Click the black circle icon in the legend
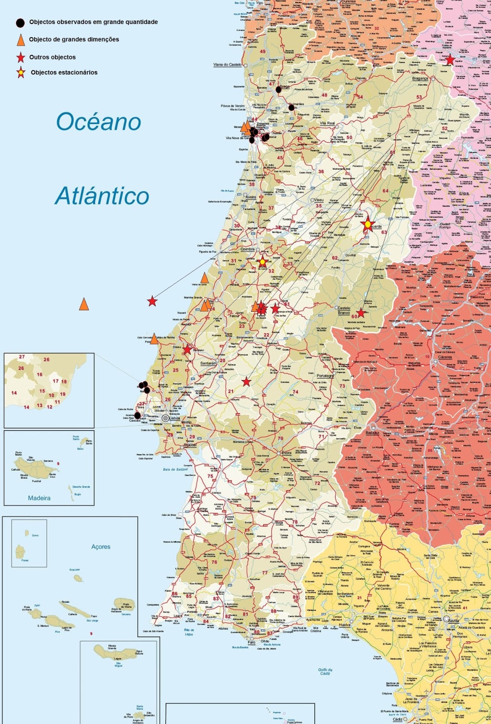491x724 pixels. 20,23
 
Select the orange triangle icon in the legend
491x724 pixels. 20,40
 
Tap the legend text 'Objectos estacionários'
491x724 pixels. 64,72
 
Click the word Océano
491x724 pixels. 98,122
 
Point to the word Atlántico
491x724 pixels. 102,196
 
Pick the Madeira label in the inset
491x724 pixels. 39,498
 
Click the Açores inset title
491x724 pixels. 101,547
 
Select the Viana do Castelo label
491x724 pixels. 227,65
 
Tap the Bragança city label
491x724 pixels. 420,78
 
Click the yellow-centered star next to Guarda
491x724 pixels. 367,224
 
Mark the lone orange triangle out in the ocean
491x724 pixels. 84,304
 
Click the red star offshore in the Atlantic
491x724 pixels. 152,301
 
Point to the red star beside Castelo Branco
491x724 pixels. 361,313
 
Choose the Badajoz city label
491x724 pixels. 372,433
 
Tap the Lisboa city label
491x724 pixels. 175,419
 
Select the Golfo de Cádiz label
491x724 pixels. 325,671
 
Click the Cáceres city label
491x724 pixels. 445,357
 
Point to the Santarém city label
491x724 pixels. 208,363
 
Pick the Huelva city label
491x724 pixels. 344,625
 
